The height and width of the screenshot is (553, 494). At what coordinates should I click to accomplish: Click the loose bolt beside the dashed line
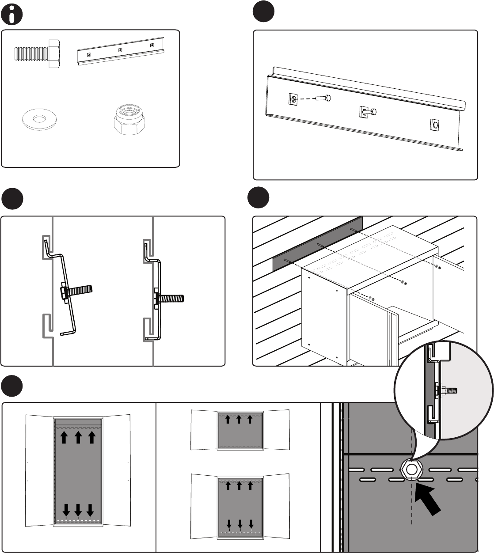(325, 98)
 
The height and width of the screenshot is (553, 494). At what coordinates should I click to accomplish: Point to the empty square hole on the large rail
(435, 125)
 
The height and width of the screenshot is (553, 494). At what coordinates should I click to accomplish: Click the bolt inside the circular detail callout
(446, 390)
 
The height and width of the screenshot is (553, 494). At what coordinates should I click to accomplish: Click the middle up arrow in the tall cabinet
(78, 437)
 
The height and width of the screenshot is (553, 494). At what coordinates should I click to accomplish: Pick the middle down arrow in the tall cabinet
(78, 510)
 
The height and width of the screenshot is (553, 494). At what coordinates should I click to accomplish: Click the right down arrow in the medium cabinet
(251, 524)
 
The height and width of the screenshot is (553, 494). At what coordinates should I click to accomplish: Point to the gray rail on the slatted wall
(317, 244)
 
